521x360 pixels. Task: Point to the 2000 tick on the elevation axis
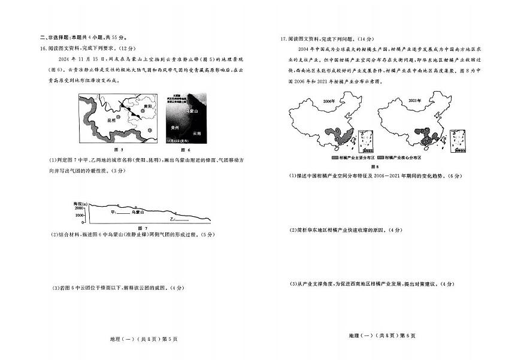[x=80, y=207]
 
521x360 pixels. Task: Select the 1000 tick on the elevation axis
[x=80, y=214]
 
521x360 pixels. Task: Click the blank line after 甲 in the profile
[x=123, y=213]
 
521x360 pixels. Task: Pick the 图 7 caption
[x=143, y=229]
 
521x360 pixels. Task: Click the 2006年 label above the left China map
[x=328, y=102]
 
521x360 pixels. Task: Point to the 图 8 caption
[x=376, y=167]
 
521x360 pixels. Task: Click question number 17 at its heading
[x=284, y=39]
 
